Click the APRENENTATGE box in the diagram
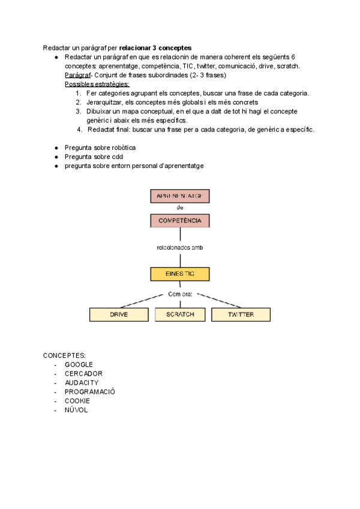[180, 196]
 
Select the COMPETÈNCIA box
[180, 221]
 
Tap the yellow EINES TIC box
[180, 274]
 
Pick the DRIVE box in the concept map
[119, 315]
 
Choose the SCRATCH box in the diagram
[180, 315]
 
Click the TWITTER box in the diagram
[241, 315]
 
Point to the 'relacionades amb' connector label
[180, 247]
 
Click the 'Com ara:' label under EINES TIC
[180, 294]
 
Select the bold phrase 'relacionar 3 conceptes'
[155, 47]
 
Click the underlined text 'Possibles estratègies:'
[97, 84]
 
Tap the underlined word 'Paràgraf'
[77, 75]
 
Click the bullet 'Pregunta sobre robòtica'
[100, 148]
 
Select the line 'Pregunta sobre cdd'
[93, 157]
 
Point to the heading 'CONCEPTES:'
[64, 356]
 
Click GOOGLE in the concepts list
[79, 364]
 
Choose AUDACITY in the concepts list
[82, 382]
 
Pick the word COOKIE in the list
[77, 400]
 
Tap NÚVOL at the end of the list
[76, 409]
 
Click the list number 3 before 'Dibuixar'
[78, 111]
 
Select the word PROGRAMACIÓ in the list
[90, 391]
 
